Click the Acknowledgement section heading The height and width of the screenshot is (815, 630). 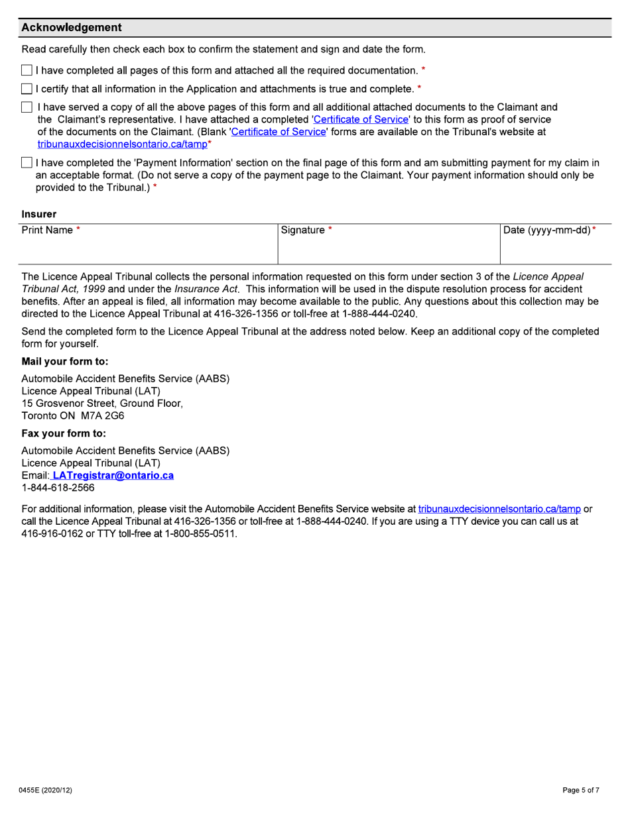point(72,28)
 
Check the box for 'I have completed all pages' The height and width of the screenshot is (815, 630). point(27,70)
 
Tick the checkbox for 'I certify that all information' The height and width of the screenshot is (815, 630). point(27,89)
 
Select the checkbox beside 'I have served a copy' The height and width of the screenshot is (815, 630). point(27,107)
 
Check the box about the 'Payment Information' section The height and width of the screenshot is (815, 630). point(27,163)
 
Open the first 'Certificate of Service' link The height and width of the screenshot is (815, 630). point(360,119)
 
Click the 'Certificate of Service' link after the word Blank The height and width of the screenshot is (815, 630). point(279,132)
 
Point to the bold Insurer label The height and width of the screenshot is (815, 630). point(39,214)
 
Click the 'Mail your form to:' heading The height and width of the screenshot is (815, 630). point(65,362)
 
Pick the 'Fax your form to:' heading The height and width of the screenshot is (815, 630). point(64,433)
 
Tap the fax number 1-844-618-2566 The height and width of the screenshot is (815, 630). point(58,488)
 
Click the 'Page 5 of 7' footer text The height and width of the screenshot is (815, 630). point(581,790)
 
